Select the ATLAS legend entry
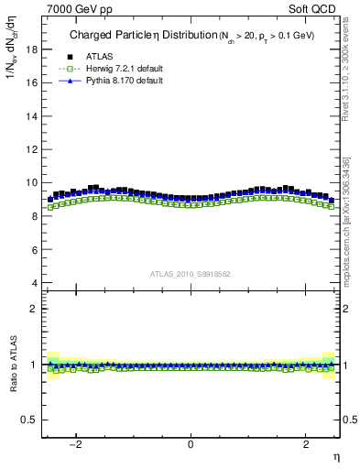(97, 56)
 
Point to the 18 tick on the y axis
(32, 49)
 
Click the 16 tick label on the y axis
(32, 82)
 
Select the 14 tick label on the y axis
(32, 115)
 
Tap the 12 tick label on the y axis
(32, 149)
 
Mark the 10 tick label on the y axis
(32, 182)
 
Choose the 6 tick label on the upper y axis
(35, 249)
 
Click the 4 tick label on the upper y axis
(35, 283)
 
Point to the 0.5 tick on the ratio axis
(31, 420)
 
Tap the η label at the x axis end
(335, 455)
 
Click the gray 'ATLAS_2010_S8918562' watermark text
(191, 273)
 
